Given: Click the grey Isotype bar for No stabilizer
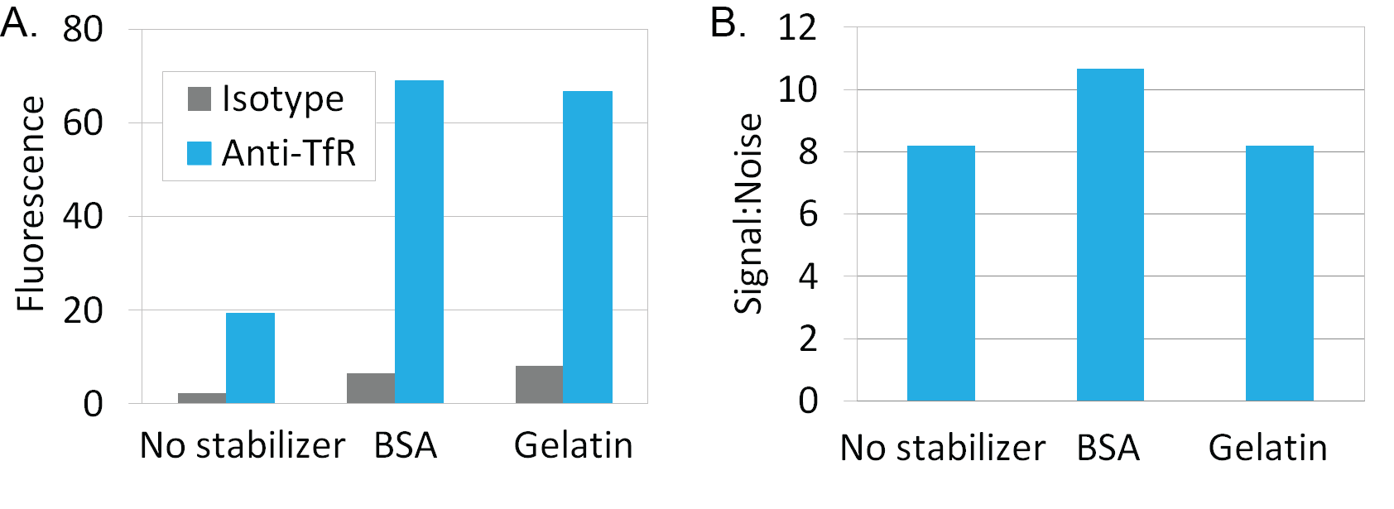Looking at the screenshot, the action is click(x=202, y=397).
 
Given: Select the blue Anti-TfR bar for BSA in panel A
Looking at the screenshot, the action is click(x=419, y=242).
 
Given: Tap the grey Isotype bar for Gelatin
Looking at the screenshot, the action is click(x=539, y=385).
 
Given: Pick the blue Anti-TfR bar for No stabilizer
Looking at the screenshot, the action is click(x=250, y=358).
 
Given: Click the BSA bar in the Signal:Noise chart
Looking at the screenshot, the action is click(x=1110, y=234).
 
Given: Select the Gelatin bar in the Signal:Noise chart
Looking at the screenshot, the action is click(x=1280, y=273).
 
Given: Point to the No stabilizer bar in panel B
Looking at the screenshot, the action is click(x=941, y=273).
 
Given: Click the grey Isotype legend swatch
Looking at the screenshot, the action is click(x=199, y=99).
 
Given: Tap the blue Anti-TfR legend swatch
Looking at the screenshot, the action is click(x=199, y=153).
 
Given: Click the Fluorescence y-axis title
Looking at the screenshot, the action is click(x=31, y=204).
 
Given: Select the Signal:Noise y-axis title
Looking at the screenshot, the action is click(x=748, y=214).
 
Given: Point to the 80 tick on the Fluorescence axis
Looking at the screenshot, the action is click(x=83, y=29).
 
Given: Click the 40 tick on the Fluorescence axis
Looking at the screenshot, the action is click(x=83, y=217).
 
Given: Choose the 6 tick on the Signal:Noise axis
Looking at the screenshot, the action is click(x=808, y=214).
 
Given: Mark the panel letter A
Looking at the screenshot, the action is click(x=19, y=24).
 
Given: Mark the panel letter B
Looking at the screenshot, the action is click(x=728, y=24).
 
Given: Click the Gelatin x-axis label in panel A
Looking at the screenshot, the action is click(x=573, y=445).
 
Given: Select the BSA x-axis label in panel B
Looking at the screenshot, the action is click(x=1108, y=448).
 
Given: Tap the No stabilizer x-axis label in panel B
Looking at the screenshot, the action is click(x=943, y=448).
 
